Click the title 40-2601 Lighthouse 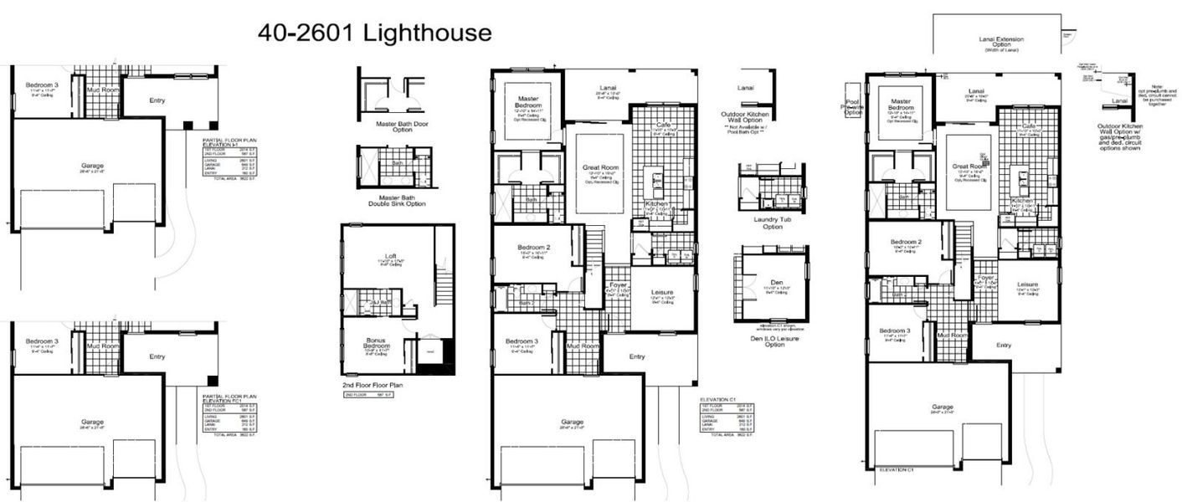coord(374,33)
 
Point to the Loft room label coord(390,256)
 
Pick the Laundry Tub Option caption coord(772,223)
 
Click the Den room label coord(775,283)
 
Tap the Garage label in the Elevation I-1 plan coord(92,166)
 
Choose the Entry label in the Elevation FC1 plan coord(157,356)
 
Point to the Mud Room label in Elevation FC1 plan coord(105,346)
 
